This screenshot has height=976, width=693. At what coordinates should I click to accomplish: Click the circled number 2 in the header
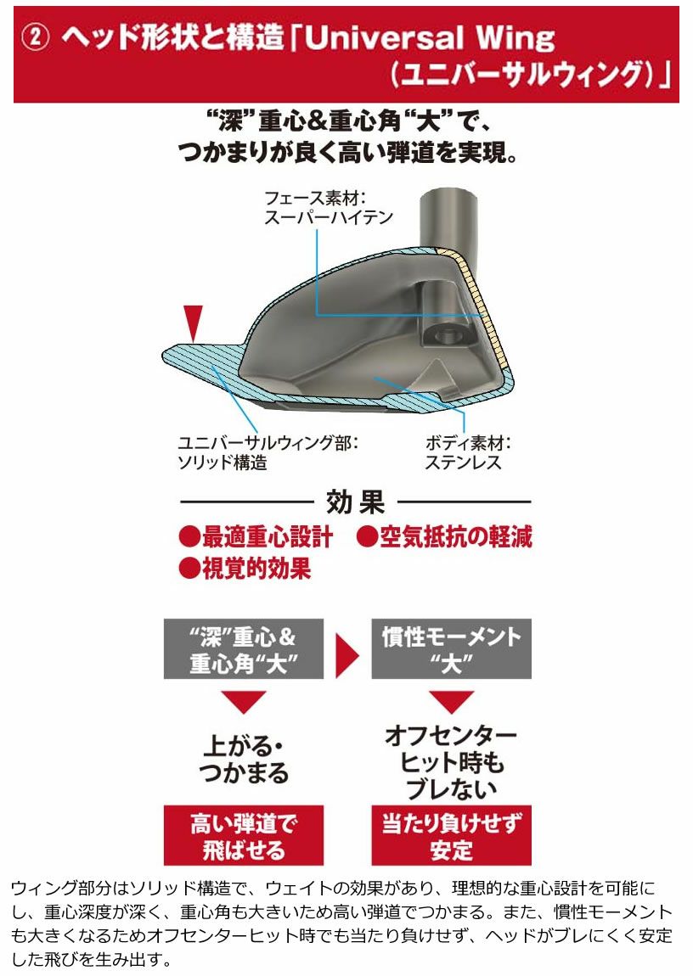tap(36, 38)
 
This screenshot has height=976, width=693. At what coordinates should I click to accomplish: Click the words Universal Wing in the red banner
tap(430, 37)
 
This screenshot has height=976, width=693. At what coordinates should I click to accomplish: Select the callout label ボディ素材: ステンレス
tap(468, 453)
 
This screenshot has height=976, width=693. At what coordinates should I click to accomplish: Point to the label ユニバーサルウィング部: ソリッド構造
tap(268, 452)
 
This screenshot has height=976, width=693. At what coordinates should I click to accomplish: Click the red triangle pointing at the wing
tap(194, 323)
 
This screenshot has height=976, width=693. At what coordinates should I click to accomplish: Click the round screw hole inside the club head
tap(447, 336)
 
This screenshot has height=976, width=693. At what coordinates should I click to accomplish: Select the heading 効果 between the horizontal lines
tap(356, 502)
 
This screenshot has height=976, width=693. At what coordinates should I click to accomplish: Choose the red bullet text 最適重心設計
tap(256, 537)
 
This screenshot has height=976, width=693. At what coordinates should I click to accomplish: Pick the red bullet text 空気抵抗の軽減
tap(444, 537)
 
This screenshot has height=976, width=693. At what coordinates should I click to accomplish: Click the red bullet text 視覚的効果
tap(245, 569)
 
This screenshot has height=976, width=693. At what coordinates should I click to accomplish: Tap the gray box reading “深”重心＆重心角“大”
tap(244, 648)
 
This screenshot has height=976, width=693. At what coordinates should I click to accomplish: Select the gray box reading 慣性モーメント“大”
tap(452, 648)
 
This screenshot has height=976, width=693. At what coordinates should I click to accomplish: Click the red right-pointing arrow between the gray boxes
tap(347, 655)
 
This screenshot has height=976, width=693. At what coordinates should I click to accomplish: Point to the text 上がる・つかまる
tap(245, 760)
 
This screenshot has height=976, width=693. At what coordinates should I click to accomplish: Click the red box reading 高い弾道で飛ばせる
tap(244, 836)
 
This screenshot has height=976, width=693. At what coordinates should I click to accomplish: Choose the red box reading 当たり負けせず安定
tap(452, 836)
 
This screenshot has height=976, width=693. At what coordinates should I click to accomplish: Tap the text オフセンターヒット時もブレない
tap(451, 762)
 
